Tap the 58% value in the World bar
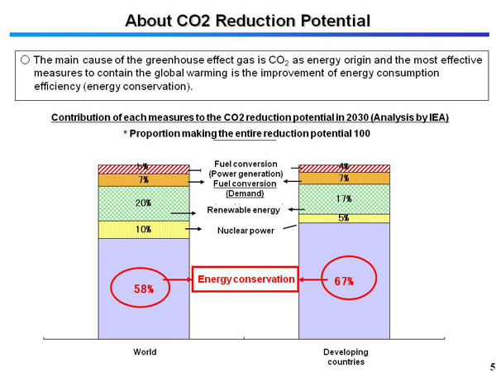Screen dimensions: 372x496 (143, 289)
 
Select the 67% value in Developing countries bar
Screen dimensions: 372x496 (344, 280)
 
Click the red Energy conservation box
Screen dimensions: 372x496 (245, 279)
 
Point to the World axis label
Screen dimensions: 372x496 (145, 352)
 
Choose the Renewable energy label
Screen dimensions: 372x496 (244, 210)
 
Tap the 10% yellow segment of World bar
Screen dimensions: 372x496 (143, 229)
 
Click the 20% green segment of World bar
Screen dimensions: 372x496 (143, 203)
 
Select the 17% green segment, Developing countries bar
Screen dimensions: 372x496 (344, 198)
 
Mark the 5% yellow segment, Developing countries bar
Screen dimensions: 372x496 (344, 218)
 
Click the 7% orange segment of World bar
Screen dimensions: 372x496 (143, 179)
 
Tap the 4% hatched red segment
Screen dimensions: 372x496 (344, 168)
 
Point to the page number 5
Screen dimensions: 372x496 (488, 365)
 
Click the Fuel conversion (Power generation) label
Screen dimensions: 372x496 (246, 169)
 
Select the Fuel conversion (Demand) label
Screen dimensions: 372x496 (245, 188)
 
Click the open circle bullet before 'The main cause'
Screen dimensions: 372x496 (25, 60)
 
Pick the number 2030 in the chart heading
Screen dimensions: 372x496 (349, 117)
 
